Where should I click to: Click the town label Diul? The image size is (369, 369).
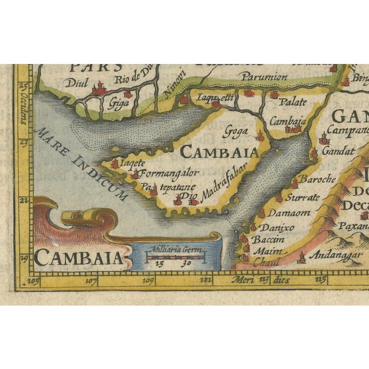[x=77, y=82]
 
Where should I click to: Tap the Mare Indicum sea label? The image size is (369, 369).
[x=81, y=164]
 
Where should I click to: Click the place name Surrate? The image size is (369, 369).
[x=303, y=197]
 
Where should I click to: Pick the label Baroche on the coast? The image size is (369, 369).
[x=317, y=180]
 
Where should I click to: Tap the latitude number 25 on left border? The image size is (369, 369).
[x=24, y=86]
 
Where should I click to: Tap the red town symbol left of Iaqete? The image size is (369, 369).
[x=115, y=164]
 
